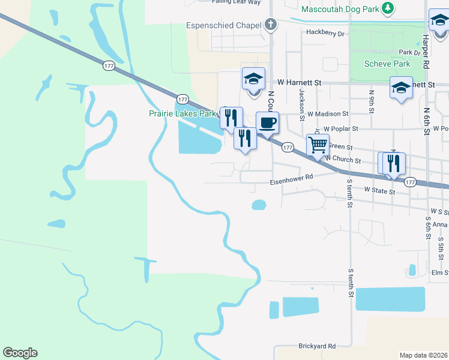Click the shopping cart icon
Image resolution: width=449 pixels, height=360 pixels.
[x=317, y=145]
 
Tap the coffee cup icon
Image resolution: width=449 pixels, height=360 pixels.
[x=267, y=122]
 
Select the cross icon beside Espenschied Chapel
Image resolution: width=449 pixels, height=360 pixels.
[x=271, y=25]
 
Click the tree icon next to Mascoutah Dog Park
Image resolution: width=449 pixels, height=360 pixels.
[x=388, y=8]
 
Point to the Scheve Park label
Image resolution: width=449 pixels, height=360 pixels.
[x=388, y=64]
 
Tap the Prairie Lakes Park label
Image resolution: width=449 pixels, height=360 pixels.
[x=182, y=113]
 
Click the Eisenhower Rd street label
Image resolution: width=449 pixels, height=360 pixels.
[x=291, y=177]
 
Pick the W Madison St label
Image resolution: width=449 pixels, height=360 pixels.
[x=328, y=113]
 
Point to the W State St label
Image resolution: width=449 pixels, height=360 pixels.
[x=380, y=191]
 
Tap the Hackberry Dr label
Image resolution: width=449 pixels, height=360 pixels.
[x=325, y=33]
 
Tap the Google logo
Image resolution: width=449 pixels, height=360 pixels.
[x=20, y=353]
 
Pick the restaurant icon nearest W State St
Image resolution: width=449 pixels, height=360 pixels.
[x=394, y=163]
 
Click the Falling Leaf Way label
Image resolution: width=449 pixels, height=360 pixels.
[x=236, y=2]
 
